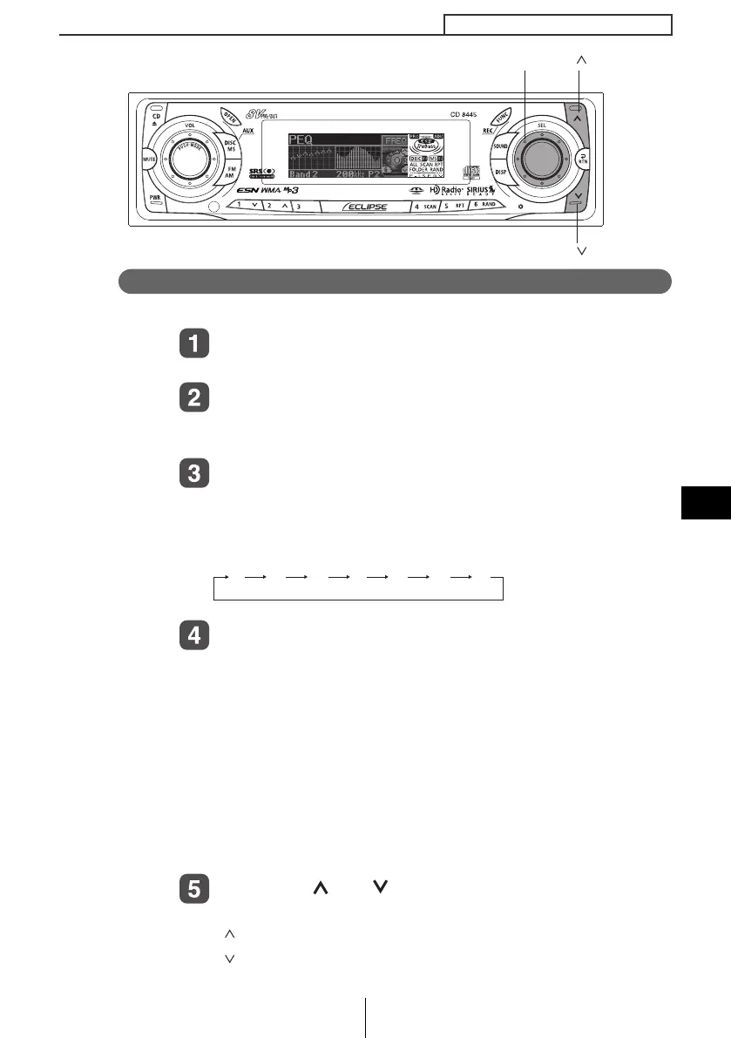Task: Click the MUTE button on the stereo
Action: [149, 159]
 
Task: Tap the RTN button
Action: [583, 159]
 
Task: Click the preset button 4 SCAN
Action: [426, 207]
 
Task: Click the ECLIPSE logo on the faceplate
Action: [364, 207]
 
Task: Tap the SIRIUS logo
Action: [477, 189]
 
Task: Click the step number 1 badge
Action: [194, 343]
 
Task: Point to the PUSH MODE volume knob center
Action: [189, 159]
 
